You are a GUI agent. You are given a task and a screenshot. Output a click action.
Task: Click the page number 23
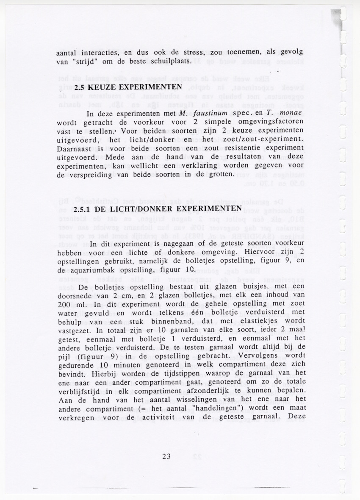pyautogui.click(x=166, y=456)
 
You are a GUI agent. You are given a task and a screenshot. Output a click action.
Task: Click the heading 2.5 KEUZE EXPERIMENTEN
pyautogui.click(x=128, y=88)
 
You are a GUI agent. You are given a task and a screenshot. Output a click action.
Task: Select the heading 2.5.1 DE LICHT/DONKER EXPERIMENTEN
pyautogui.click(x=157, y=209)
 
